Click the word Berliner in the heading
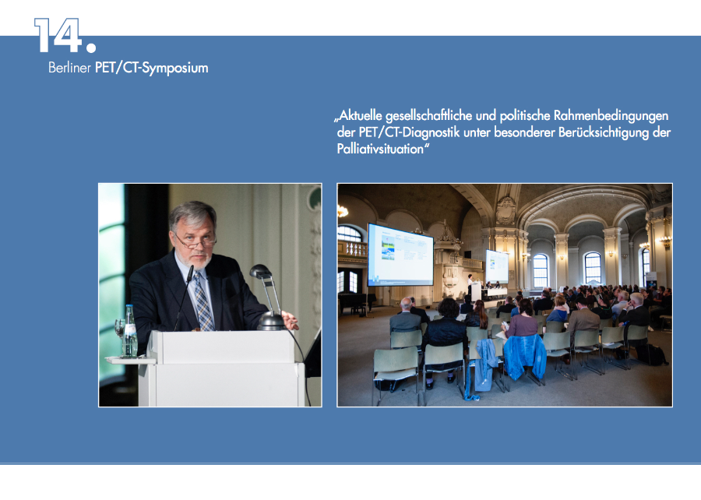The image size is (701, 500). point(69,68)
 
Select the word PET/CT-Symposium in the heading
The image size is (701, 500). point(152,69)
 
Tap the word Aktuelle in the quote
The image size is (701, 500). point(360,116)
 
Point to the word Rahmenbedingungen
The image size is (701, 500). point(611,116)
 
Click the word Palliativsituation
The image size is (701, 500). point(380,149)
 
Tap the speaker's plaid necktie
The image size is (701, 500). point(203,301)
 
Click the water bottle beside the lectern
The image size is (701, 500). point(129,331)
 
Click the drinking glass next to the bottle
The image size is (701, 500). point(119,334)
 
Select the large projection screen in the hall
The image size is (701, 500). point(400,255)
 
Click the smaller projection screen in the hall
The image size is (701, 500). point(497,266)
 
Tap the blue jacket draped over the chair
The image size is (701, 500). point(524,356)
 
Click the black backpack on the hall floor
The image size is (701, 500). point(651,354)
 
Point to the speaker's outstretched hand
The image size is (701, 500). point(289,320)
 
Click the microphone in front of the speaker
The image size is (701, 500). point(184,298)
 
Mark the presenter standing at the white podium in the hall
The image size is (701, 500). point(470,286)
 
